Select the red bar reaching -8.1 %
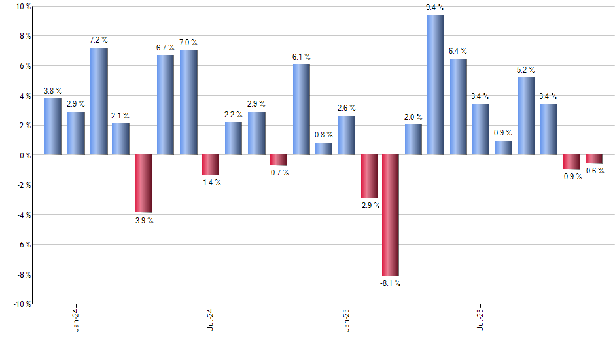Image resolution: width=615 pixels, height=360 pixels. tap(391, 215)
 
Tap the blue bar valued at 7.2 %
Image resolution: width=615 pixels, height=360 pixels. tap(99, 101)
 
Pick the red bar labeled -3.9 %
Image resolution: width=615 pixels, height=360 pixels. tap(143, 184)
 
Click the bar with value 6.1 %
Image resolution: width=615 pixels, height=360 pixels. tap(301, 109)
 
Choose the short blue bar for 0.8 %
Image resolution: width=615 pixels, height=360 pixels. tap(323, 149)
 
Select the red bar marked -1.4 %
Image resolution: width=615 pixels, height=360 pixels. tap(211, 165)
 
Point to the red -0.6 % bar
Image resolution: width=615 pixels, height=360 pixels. tap(593, 159)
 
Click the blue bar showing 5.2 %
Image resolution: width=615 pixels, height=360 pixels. tap(526, 116)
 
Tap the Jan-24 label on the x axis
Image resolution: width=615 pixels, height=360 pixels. tap(76, 318)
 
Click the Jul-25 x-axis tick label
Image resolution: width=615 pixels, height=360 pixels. tap(480, 318)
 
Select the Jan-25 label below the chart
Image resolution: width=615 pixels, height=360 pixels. tap(345, 318)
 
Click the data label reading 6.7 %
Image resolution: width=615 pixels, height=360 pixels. tap(166, 48)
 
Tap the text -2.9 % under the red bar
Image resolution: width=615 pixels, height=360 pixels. tap(368, 206)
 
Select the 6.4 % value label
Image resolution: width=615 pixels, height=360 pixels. tap(458, 52)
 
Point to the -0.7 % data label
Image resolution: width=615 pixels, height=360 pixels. tap(278, 173)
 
